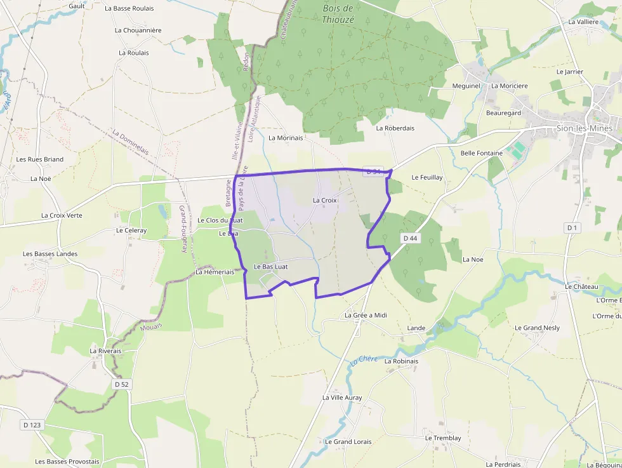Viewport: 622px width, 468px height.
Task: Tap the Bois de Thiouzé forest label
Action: point(338,13)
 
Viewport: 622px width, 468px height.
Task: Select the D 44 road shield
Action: point(410,238)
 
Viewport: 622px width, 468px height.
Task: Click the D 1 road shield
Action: point(572,227)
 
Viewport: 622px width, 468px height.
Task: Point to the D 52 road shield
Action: point(121,384)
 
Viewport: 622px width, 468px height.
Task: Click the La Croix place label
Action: point(325,200)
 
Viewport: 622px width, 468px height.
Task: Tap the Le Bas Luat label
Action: point(270,267)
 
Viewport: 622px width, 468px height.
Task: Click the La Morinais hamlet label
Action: point(286,137)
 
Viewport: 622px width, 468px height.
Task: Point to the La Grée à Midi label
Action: point(366,315)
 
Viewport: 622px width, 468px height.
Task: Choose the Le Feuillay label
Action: point(427,177)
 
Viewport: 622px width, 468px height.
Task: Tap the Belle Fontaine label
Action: point(481,153)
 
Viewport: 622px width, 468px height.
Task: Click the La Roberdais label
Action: point(395,128)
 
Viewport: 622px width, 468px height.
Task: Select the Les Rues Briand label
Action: point(40,159)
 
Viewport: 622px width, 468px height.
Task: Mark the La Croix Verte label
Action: point(62,215)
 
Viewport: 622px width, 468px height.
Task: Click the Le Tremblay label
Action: point(443,438)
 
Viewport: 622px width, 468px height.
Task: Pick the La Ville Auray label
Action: point(342,398)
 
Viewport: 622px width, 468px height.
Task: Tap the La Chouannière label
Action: point(138,30)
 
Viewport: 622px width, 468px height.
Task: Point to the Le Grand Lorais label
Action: point(348,441)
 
